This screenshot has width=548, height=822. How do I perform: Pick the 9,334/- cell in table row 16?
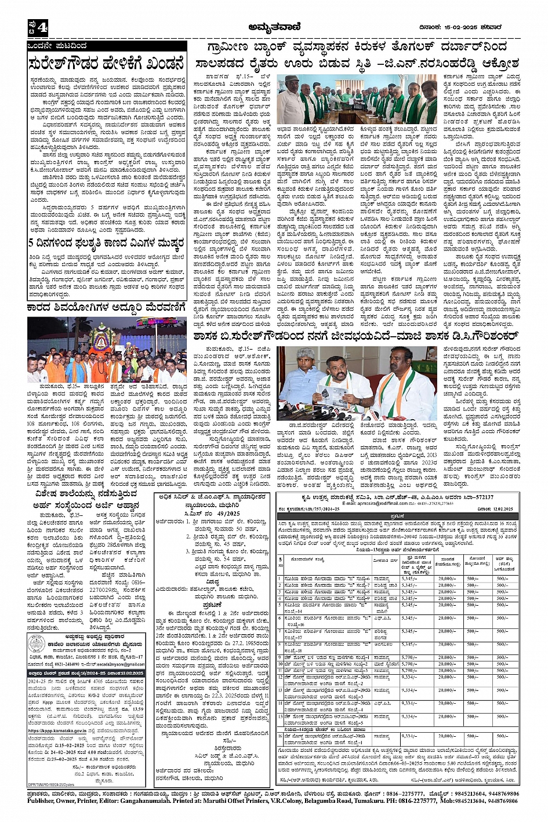(409, 735)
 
